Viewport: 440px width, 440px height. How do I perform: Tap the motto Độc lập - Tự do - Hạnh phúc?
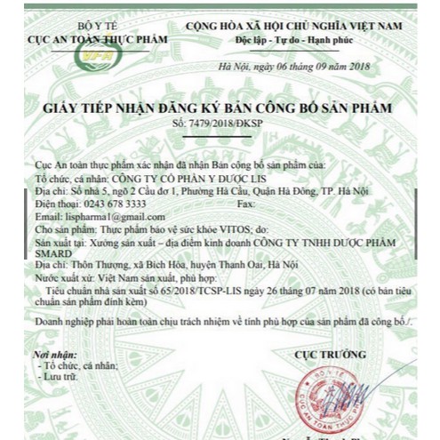click(x=292, y=41)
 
